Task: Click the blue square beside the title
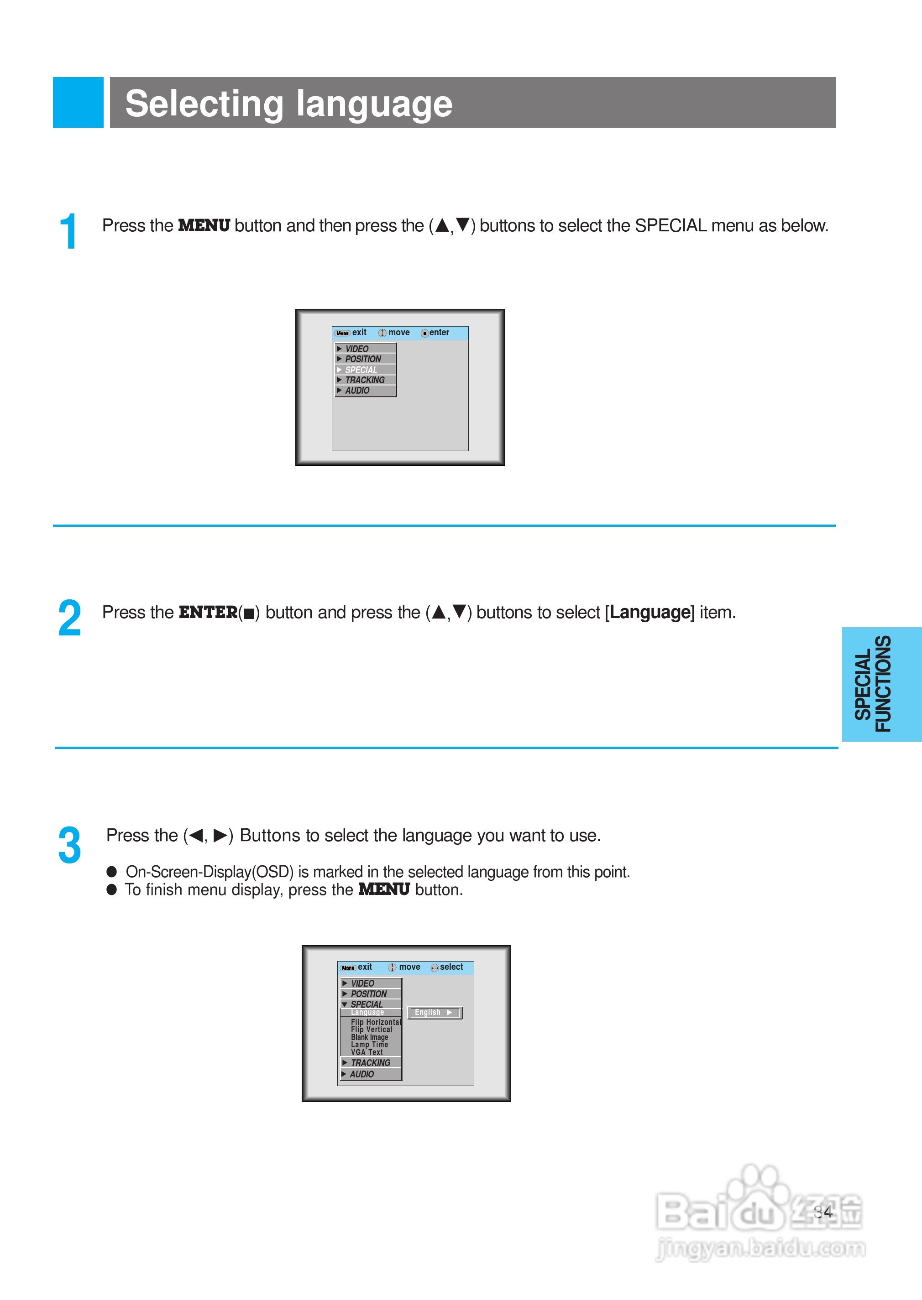(x=78, y=102)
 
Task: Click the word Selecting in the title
(x=204, y=104)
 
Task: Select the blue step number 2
(x=69, y=618)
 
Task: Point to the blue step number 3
(x=69, y=845)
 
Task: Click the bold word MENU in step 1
(x=204, y=226)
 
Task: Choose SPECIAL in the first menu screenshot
(x=361, y=370)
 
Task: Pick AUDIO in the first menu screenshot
(x=357, y=391)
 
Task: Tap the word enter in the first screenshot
(x=439, y=333)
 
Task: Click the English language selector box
(x=435, y=1012)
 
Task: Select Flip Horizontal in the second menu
(x=375, y=1022)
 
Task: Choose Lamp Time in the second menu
(x=369, y=1045)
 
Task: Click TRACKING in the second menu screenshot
(x=370, y=1063)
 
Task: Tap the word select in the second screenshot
(x=451, y=967)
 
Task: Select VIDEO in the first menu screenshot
(x=357, y=349)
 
